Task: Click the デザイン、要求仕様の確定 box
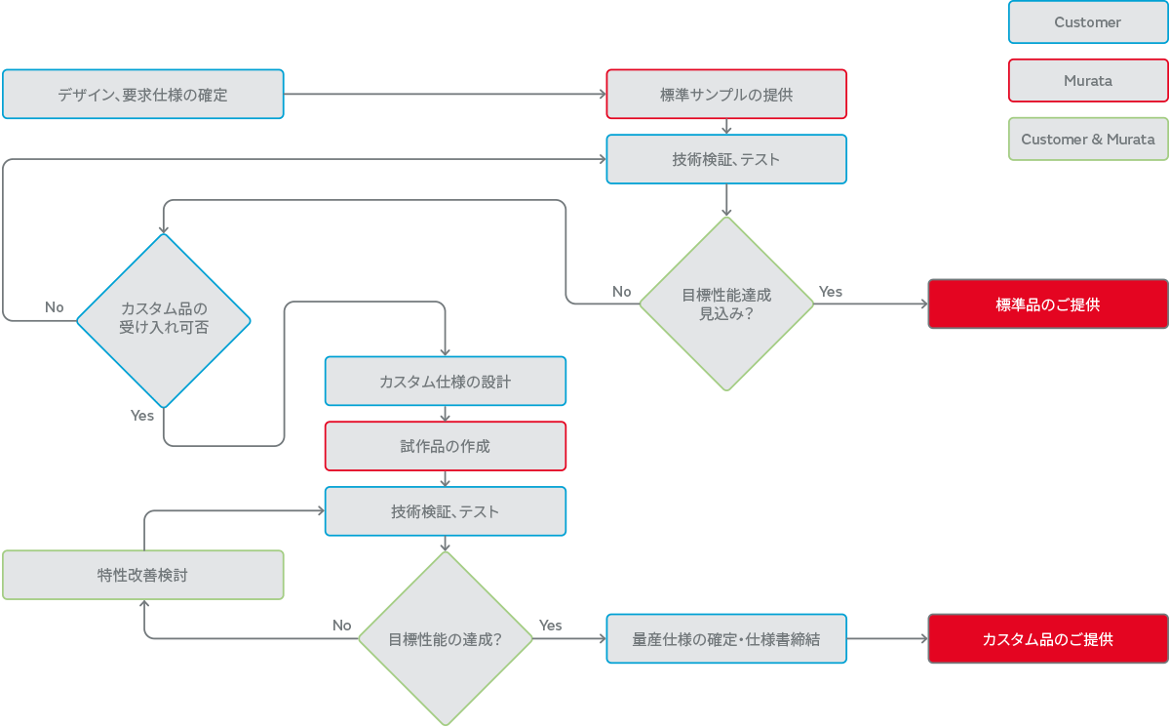point(142,95)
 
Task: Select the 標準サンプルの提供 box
point(725,95)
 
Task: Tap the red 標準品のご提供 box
point(1047,304)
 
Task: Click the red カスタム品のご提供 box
point(1047,639)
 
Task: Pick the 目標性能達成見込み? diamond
point(725,303)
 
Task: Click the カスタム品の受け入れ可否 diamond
point(163,319)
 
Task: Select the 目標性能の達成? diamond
point(445,639)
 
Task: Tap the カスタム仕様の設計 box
point(445,382)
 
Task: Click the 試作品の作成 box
point(445,446)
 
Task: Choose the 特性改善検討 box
point(142,575)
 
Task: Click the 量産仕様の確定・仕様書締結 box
point(725,639)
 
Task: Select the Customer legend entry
point(1087,22)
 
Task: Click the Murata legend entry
point(1087,81)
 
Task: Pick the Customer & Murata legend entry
point(1087,140)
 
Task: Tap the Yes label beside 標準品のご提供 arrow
point(830,292)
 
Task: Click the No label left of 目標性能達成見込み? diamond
point(621,292)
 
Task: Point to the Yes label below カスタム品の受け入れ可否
point(142,416)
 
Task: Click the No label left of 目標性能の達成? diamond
point(341,626)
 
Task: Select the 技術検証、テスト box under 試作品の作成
point(445,511)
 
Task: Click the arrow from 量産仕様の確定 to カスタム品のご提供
point(887,639)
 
